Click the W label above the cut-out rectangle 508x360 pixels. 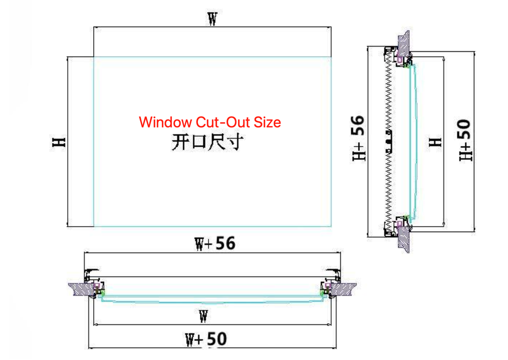tap(212, 20)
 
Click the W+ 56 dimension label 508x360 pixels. tap(214, 244)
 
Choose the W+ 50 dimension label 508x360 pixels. tap(206, 339)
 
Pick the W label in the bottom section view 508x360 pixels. tap(203, 317)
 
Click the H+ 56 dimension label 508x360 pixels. tap(359, 139)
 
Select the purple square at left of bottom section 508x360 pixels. tap(97, 286)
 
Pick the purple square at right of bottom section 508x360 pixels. tap(327, 286)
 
